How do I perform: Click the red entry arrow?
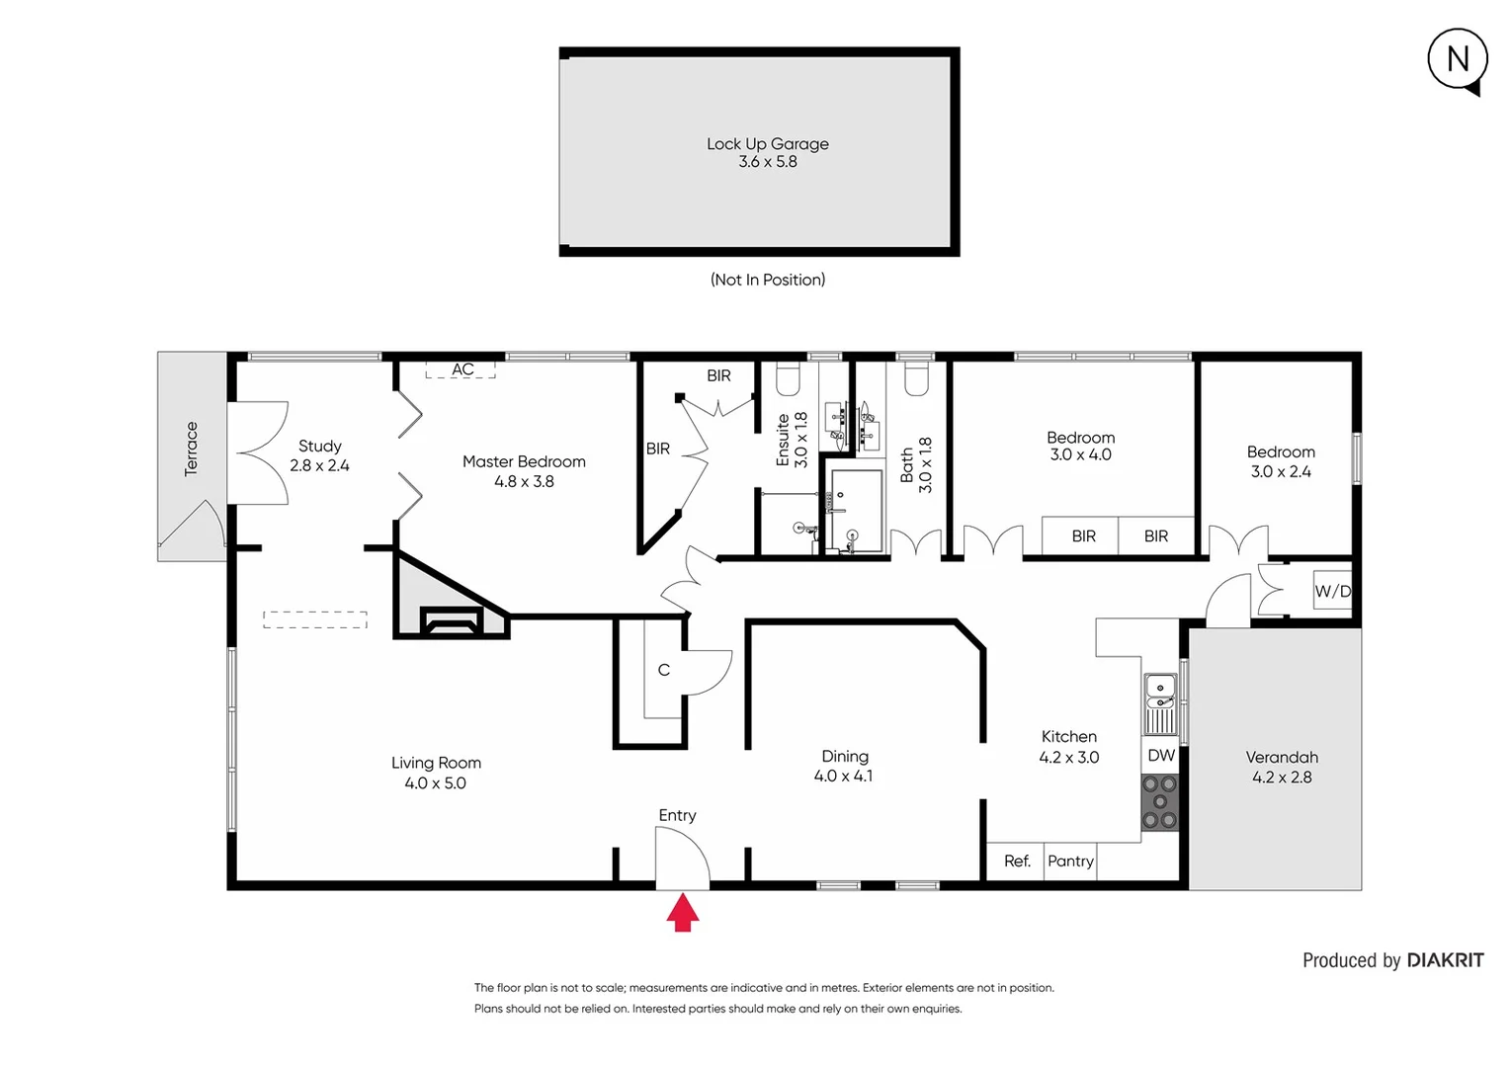click(x=683, y=913)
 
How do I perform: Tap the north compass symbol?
click(x=1458, y=60)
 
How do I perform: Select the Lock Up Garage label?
click(x=767, y=144)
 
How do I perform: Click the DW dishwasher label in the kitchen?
click(x=1161, y=756)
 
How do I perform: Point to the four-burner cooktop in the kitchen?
click(x=1160, y=802)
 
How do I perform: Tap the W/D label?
click(x=1332, y=591)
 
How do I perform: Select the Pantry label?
click(x=1070, y=862)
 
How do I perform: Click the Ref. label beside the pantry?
click(x=1017, y=862)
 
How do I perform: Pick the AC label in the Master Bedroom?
click(x=462, y=369)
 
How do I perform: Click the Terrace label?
click(x=192, y=449)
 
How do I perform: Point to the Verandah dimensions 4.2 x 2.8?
click(x=1282, y=778)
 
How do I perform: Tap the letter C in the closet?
click(x=664, y=670)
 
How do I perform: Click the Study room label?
click(x=319, y=447)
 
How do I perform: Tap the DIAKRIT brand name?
click(x=1445, y=960)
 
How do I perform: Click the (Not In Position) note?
click(x=768, y=280)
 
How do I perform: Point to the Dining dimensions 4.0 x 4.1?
click(x=843, y=777)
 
